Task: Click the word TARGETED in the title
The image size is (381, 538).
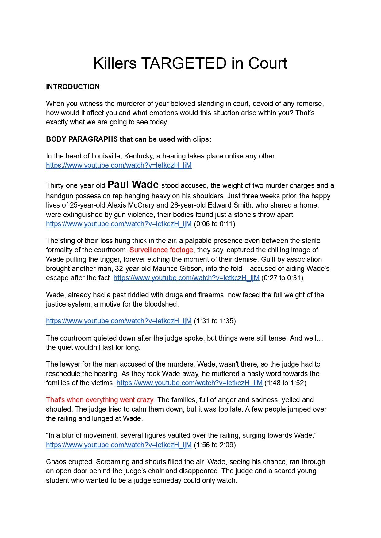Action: [x=184, y=63]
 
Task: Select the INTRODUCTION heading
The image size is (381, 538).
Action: [x=73, y=87]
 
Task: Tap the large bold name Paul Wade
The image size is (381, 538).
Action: [x=133, y=185]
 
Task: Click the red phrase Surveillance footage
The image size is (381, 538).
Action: [x=161, y=250]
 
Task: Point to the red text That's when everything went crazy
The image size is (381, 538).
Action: [x=100, y=400]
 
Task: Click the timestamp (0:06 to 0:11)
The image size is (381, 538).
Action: [x=214, y=224]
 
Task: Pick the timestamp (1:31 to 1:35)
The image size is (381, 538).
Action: [x=215, y=321]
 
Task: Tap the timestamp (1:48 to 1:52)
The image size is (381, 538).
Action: [x=285, y=383]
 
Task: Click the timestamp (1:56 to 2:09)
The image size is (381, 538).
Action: [x=215, y=445]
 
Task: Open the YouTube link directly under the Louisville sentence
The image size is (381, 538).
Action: [x=119, y=165]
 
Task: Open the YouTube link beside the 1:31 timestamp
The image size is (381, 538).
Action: [x=119, y=321]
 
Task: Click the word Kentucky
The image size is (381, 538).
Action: [x=138, y=156]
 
